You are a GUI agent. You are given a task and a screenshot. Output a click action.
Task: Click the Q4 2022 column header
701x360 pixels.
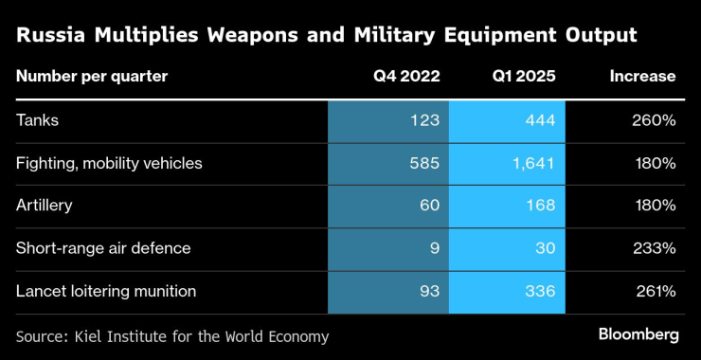click(406, 77)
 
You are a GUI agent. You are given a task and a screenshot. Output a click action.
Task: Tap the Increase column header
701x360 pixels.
click(642, 77)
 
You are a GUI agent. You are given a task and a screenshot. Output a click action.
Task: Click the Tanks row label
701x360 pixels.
click(37, 120)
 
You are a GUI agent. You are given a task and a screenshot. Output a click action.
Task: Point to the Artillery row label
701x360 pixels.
click(45, 206)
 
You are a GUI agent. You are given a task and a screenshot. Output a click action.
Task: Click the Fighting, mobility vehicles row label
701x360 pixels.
click(110, 163)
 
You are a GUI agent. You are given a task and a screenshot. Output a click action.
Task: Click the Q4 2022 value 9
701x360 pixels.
click(433, 248)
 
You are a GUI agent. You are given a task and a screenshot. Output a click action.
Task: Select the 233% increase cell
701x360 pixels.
click(656, 248)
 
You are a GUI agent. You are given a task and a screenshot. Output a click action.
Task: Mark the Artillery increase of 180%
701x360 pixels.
click(656, 206)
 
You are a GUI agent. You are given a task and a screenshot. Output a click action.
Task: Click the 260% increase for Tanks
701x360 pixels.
click(656, 120)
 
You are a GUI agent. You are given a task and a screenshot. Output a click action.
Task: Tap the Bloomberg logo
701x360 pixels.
click(638, 334)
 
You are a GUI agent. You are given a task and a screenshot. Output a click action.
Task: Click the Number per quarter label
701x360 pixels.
click(92, 77)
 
